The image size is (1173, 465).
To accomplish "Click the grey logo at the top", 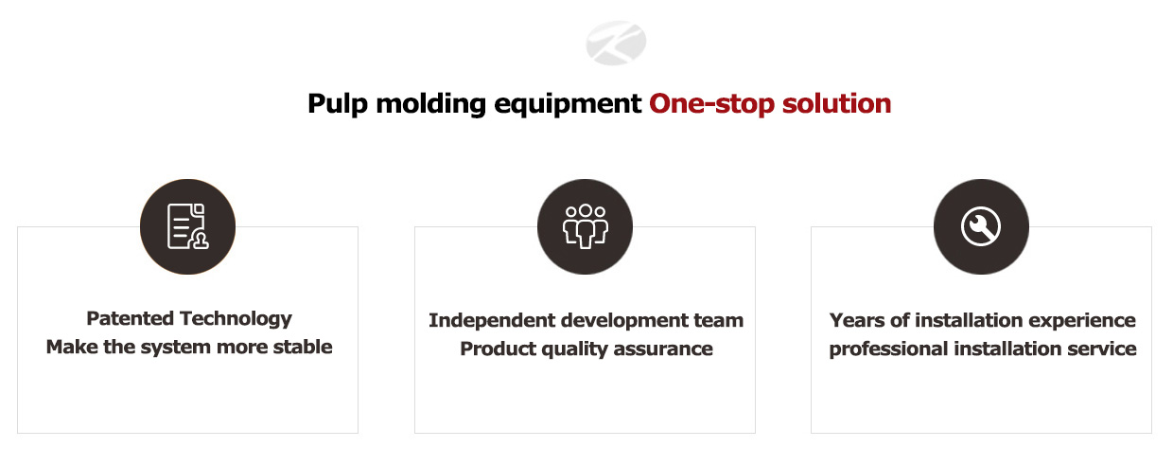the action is [616, 43].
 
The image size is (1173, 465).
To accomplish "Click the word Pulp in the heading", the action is [338, 104].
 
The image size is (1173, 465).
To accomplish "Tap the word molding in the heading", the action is [431, 104].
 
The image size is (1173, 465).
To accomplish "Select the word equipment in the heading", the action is [568, 104].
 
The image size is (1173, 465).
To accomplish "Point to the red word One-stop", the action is [711, 104].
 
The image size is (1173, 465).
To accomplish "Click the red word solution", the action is [836, 103].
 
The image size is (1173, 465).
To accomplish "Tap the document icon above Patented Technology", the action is [187, 226].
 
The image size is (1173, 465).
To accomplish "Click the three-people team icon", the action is [585, 226].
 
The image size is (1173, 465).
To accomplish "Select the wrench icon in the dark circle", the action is [981, 226].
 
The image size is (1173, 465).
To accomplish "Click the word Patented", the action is [130, 318].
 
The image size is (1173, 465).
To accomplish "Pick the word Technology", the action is [236, 319].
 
